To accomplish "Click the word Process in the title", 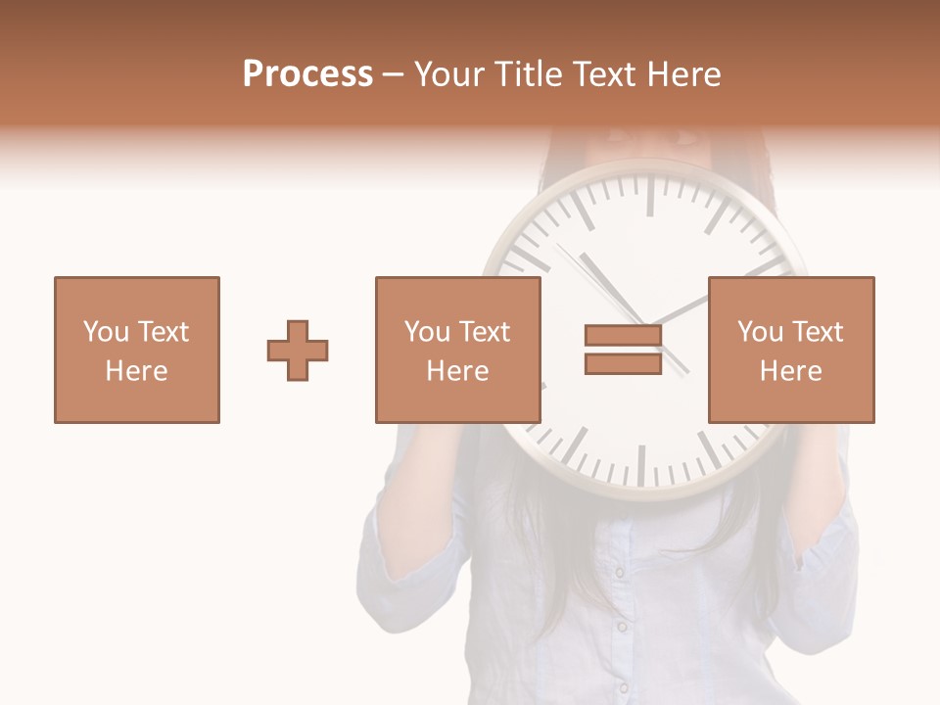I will tap(307, 74).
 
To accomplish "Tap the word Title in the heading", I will tap(526, 74).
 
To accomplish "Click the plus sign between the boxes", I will tap(298, 350).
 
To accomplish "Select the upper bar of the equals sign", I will tap(623, 335).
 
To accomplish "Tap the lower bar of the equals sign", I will tap(623, 363).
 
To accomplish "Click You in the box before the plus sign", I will tap(106, 332).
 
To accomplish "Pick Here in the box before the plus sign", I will tap(136, 371).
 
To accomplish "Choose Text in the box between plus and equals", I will tap(485, 332).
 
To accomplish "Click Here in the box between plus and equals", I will tap(457, 371).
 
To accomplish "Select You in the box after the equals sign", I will tap(760, 332).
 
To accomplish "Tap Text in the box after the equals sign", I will tap(818, 332).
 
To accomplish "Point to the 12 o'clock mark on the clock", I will tap(649, 196).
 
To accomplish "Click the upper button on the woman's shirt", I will tap(619, 572).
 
